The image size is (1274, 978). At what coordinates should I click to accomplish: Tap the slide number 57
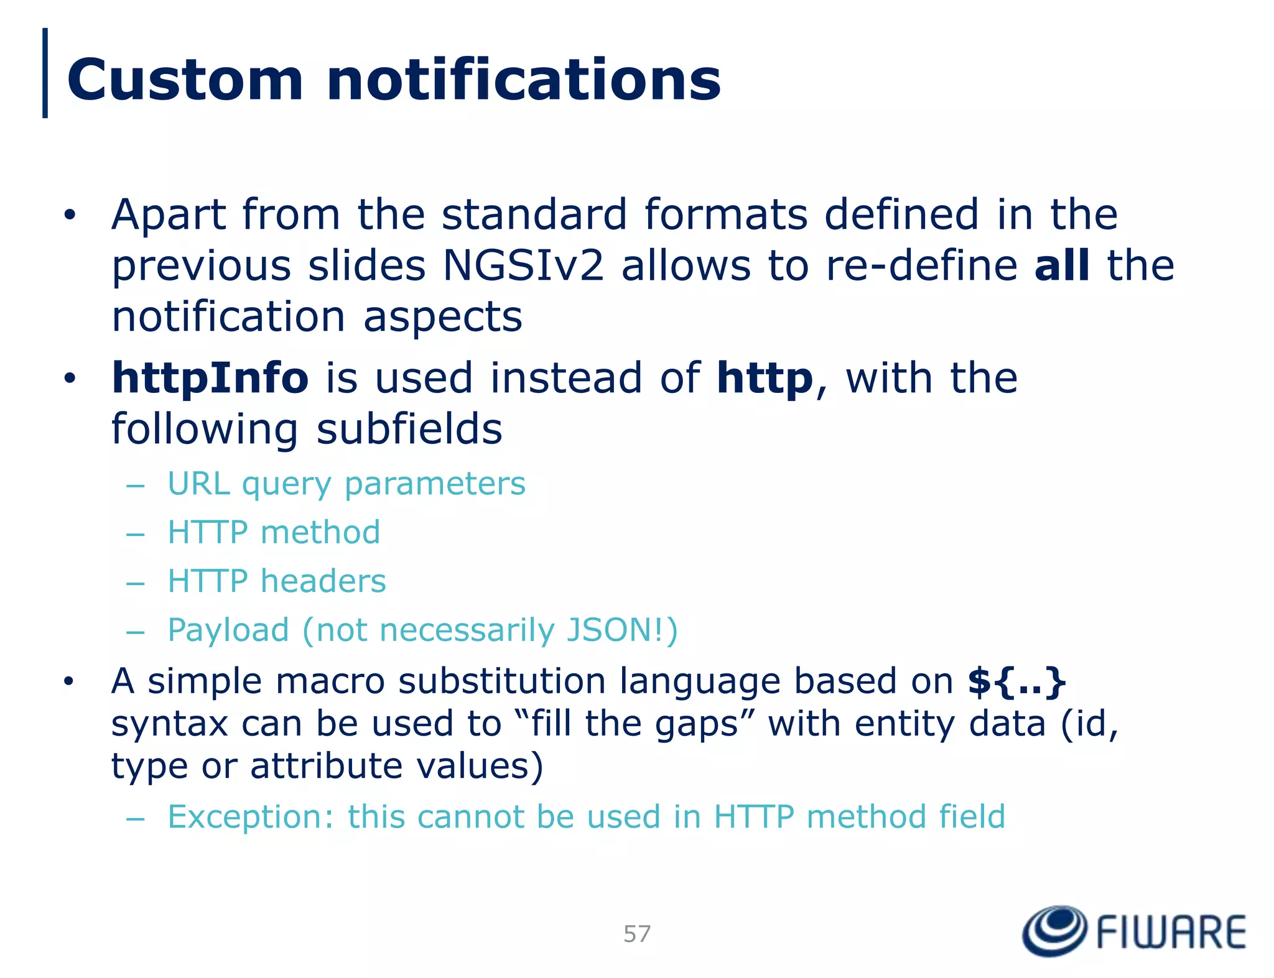click(x=637, y=934)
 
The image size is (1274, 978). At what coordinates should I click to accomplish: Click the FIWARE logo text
click(x=1171, y=933)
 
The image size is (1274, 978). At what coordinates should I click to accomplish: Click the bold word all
click(x=1061, y=265)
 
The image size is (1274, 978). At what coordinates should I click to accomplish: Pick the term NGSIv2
click(x=523, y=265)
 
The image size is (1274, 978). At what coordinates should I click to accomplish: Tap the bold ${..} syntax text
click(x=1016, y=681)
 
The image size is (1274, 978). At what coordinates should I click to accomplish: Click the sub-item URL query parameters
click(x=346, y=484)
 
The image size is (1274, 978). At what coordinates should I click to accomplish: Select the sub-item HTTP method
click(x=274, y=533)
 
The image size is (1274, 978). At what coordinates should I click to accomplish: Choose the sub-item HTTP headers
click(x=277, y=581)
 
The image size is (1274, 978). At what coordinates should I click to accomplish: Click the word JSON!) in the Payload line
click(x=621, y=630)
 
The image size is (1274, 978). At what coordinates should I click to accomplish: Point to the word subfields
click(x=409, y=429)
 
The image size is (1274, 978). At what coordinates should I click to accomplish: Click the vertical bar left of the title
click(x=45, y=73)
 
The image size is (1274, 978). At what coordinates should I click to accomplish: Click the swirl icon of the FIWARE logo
click(x=1054, y=931)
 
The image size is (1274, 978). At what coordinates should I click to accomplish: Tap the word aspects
click(x=442, y=317)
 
